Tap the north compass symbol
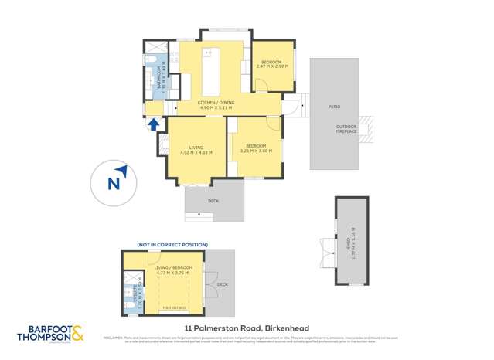[x=114, y=183]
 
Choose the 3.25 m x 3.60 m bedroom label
[x=256, y=148]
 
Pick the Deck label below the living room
[x=213, y=202]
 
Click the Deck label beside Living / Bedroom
[x=222, y=284]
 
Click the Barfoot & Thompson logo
[x=52, y=336]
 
